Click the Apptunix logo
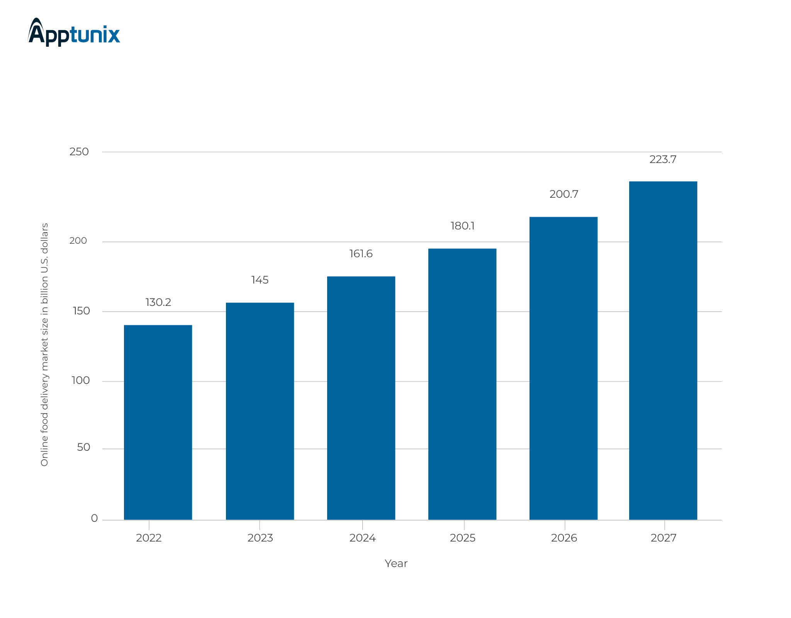click(x=74, y=33)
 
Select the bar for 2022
click(x=158, y=422)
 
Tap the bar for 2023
click(x=260, y=411)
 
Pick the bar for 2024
click(x=361, y=398)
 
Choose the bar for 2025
click(x=462, y=384)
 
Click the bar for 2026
click(x=564, y=368)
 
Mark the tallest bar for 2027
click(x=663, y=350)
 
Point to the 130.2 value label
click(x=158, y=302)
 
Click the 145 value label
click(x=260, y=280)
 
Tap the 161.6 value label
click(x=361, y=254)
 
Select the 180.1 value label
click(x=462, y=226)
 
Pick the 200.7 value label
click(x=564, y=194)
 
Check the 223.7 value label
click(x=663, y=160)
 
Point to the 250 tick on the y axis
click(x=79, y=152)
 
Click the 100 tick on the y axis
click(x=80, y=380)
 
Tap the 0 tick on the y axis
click(x=94, y=518)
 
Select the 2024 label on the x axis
click(x=362, y=538)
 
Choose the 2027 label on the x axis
click(x=664, y=538)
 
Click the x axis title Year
click(x=396, y=564)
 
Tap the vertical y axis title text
click(x=45, y=345)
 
